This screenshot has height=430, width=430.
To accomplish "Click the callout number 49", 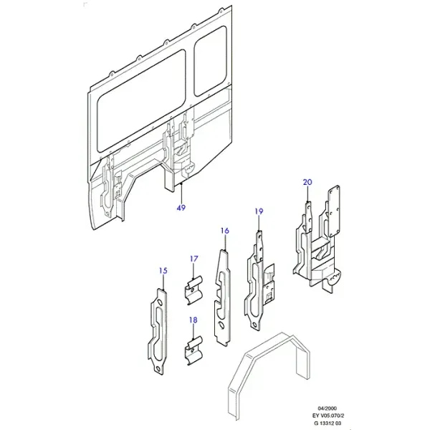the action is (x=181, y=208).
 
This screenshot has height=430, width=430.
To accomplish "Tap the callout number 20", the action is (x=307, y=182).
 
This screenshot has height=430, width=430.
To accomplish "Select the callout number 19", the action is (x=259, y=211).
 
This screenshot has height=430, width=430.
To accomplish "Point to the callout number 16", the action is (x=224, y=231).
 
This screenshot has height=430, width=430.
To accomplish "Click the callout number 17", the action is (x=193, y=259).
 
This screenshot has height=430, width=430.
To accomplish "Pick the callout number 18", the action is (x=193, y=320).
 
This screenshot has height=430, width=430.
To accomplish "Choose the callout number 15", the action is (x=163, y=271).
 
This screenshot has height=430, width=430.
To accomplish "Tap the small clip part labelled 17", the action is (x=193, y=290).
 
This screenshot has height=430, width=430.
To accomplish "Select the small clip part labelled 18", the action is (x=193, y=350).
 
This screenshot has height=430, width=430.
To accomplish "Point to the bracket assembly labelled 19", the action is (x=259, y=282).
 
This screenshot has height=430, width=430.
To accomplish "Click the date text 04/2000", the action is (x=328, y=408).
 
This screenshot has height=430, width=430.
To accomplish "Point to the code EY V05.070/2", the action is (x=328, y=416).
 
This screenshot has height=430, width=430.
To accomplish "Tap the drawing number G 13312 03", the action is (x=328, y=423).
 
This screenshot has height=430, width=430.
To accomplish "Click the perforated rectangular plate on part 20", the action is (x=334, y=211).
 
